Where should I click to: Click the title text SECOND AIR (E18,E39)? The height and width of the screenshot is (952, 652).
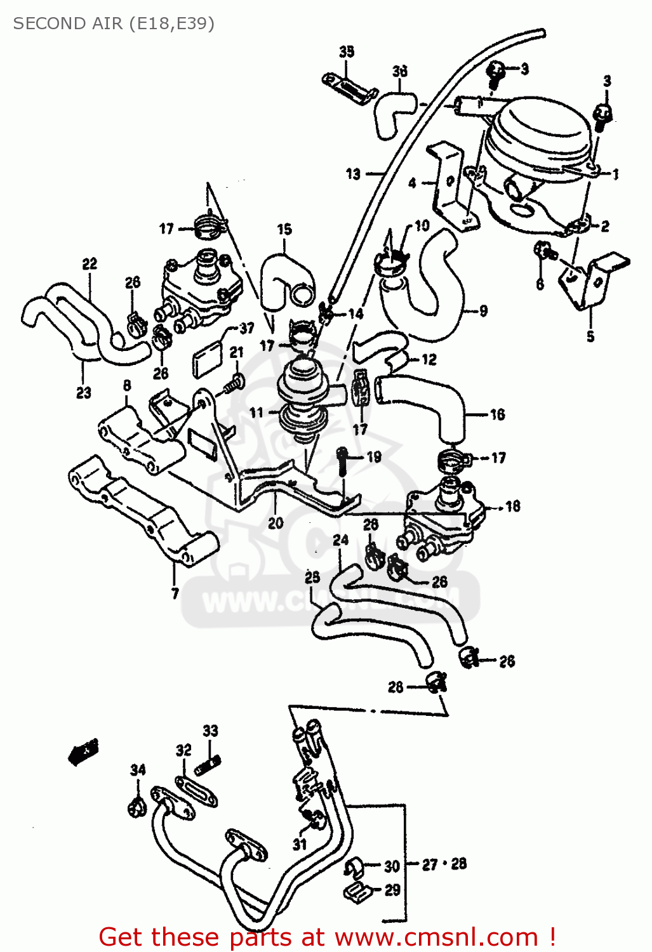click(114, 23)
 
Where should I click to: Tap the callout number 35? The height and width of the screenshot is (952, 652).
click(347, 51)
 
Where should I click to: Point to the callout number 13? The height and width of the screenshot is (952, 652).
click(354, 173)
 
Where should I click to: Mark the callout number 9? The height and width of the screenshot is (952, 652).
click(484, 311)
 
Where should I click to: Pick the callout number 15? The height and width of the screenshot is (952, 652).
click(284, 229)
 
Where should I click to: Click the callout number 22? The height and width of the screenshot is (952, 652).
click(90, 263)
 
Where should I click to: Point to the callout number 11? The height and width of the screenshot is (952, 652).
click(256, 413)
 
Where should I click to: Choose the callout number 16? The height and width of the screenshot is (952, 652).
click(497, 414)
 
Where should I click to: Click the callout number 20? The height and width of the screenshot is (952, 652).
click(276, 523)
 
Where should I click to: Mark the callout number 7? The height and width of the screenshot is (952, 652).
click(175, 593)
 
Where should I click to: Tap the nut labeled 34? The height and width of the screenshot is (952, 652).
click(136, 808)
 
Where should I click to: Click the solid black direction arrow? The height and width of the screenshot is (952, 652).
click(84, 751)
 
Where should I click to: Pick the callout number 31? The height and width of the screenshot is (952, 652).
click(300, 844)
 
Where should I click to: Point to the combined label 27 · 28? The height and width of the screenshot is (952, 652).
click(444, 864)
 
